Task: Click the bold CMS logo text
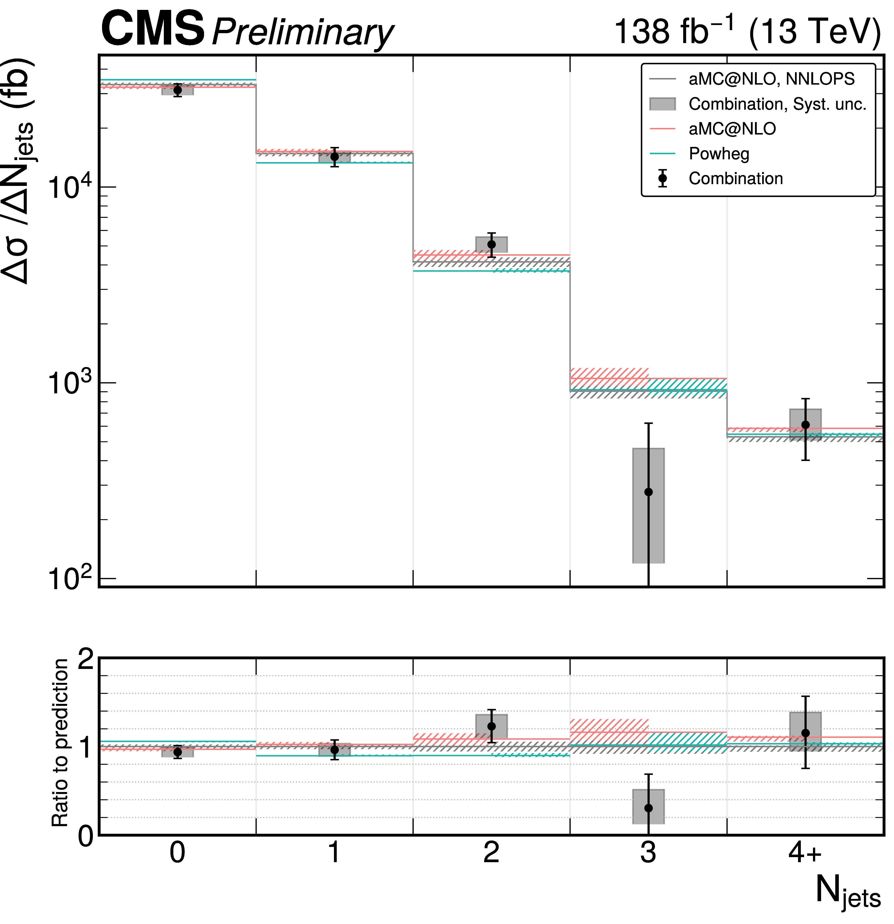point(153,29)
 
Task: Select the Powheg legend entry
point(719,154)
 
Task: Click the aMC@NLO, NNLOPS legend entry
point(771,79)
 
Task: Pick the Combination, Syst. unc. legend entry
point(777,104)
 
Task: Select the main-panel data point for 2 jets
point(491,244)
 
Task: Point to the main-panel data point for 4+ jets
point(805,425)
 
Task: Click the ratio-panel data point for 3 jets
point(648,808)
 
